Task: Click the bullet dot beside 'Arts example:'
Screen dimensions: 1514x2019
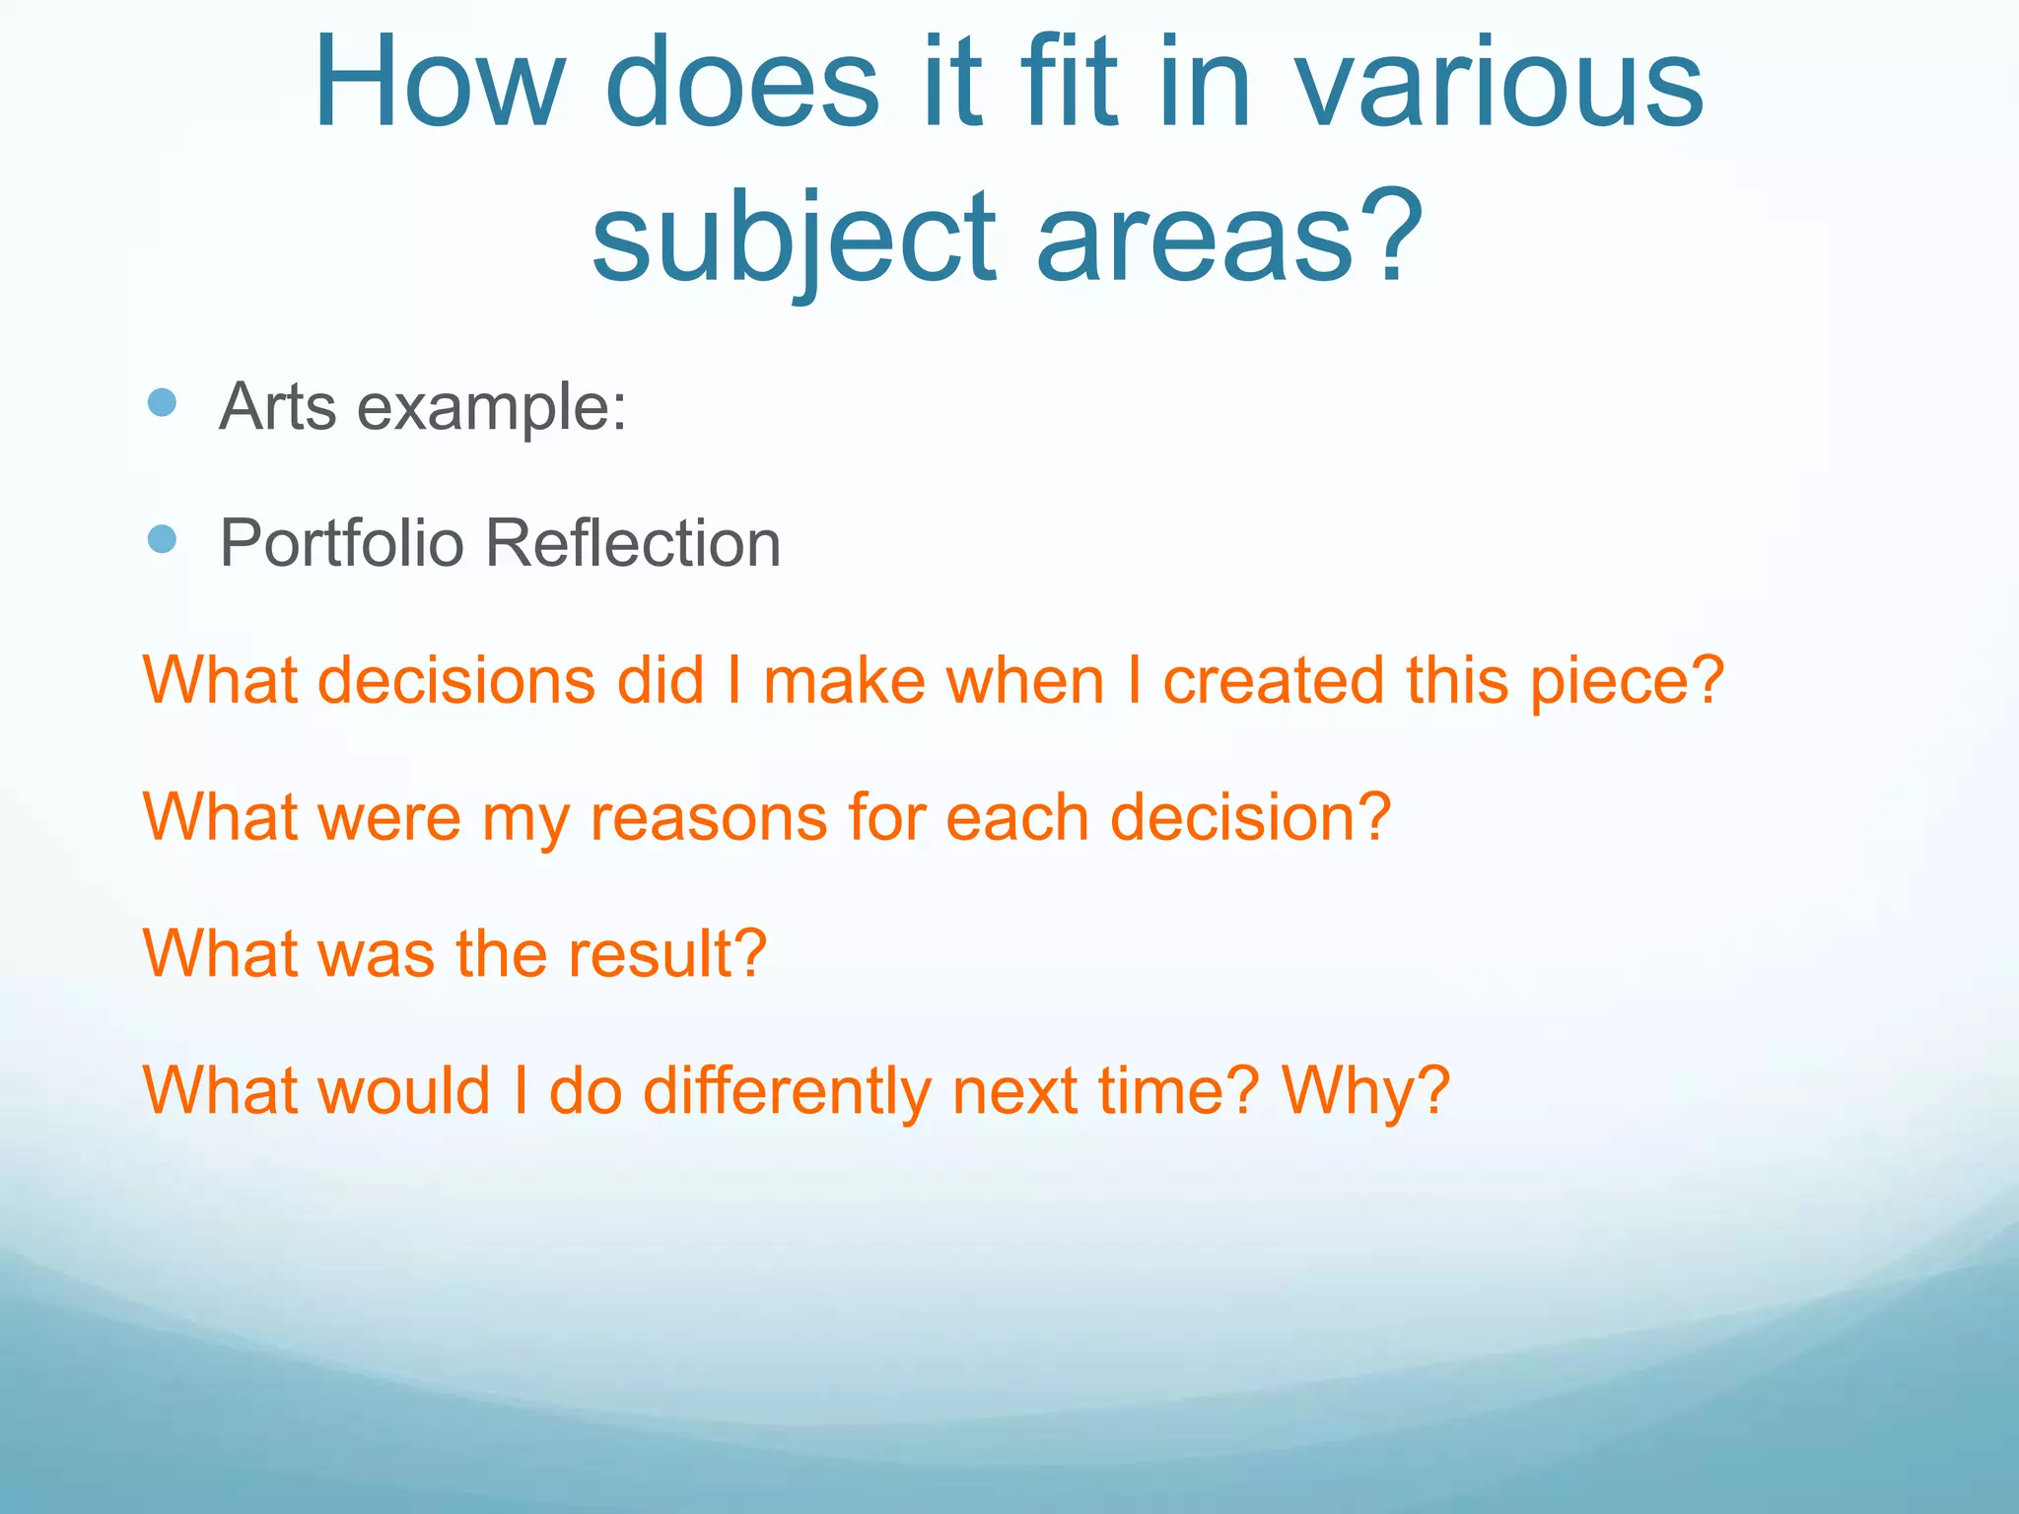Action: click(162, 402)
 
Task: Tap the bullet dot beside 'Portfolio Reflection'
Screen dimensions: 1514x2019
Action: click(162, 539)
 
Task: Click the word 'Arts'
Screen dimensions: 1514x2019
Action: click(278, 406)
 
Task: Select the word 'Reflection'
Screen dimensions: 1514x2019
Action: click(633, 544)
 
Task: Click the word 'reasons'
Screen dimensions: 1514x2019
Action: click(708, 818)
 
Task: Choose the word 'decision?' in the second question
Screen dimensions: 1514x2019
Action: click(1250, 818)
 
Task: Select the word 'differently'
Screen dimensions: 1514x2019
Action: click(787, 1092)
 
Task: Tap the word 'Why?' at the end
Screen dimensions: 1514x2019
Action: click(1365, 1092)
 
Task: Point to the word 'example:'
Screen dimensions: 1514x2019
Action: click(491, 408)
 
